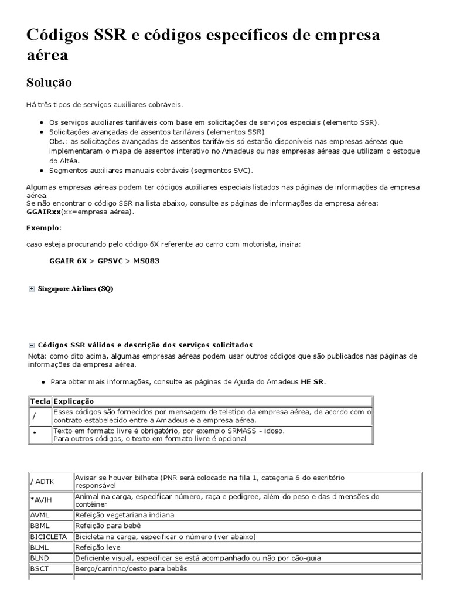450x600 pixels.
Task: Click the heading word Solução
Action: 49,83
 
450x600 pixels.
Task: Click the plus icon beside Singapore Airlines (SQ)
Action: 32,289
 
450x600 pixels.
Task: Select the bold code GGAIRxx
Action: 43,212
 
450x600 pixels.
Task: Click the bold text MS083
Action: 146,261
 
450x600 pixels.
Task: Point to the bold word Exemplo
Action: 43,227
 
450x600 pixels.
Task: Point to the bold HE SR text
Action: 312,382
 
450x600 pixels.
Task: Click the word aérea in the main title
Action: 47,55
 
